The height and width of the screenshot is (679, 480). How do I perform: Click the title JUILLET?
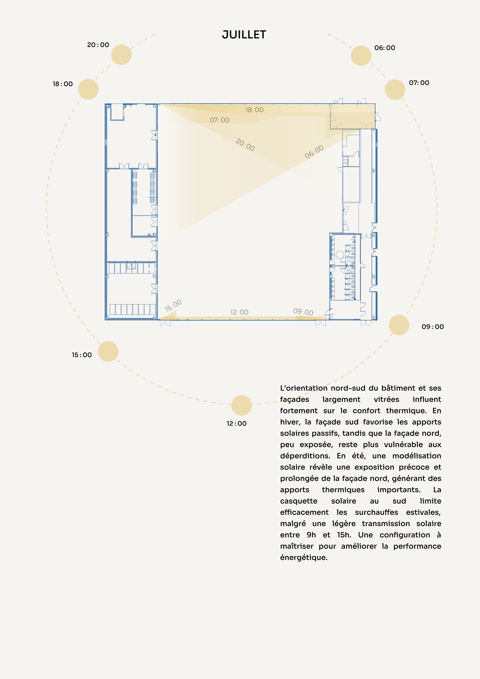[244, 35]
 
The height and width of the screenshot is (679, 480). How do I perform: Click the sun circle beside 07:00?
[395, 90]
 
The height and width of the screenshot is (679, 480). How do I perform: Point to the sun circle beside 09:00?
[399, 325]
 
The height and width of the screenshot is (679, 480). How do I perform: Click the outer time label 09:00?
[433, 327]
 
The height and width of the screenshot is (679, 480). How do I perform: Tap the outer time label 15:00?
[82, 355]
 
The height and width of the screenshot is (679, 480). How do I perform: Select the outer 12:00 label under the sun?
[236, 424]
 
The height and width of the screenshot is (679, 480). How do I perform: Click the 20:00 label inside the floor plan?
[245, 145]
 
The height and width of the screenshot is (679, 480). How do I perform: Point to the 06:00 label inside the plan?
[314, 152]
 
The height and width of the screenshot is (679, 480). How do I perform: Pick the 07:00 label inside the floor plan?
[220, 120]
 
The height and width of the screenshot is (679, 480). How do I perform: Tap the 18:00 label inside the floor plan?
[254, 110]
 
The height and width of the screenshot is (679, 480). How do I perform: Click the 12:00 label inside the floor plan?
[239, 312]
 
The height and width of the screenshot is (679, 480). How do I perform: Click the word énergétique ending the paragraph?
[304, 557]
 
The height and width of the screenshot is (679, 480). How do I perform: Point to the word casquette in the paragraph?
[299, 501]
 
